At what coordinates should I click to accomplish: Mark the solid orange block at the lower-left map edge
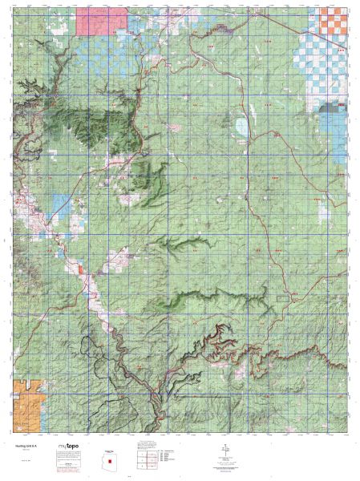click(23, 402)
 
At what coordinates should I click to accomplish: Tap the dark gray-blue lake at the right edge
click(330, 110)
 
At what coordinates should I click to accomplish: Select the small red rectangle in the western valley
click(82, 270)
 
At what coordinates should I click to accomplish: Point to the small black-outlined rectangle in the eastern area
click(282, 298)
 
